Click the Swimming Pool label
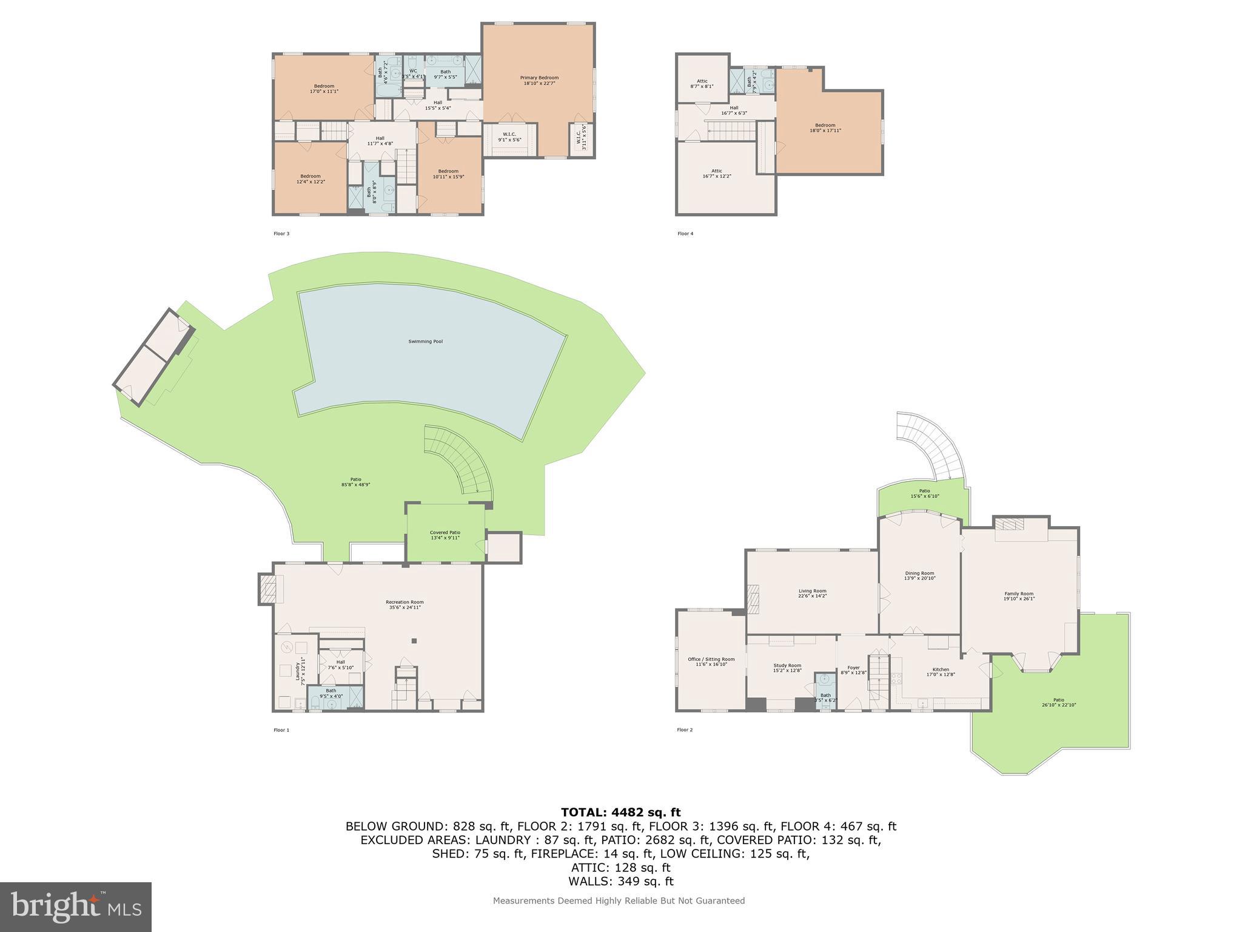coord(425,342)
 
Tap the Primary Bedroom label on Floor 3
coord(539,80)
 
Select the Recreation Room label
coord(404,604)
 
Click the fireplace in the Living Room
coord(753,596)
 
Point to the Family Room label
coord(1019,596)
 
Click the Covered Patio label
coord(445,535)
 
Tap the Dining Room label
coord(919,575)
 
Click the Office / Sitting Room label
coord(711,661)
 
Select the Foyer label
coord(853,670)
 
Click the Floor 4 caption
coord(685,234)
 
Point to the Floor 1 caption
coord(281,730)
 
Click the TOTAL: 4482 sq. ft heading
coord(620,812)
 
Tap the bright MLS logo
coord(75,907)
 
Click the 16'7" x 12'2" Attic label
coord(716,174)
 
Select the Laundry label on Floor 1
coord(300,670)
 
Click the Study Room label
coord(787,667)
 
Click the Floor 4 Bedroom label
coord(825,128)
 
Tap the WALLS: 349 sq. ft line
coord(620,882)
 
